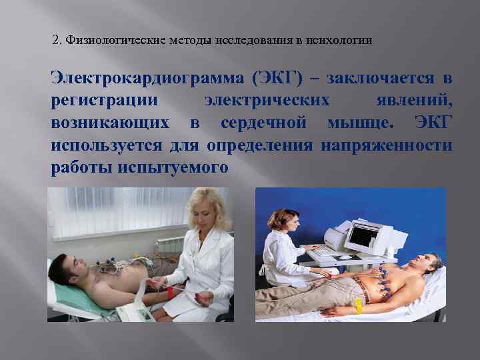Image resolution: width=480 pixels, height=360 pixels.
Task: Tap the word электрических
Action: pyautogui.click(x=267, y=101)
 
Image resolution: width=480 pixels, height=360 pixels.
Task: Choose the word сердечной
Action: pyautogui.click(x=263, y=123)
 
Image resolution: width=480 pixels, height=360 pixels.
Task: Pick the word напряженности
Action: pyautogui.click(x=387, y=145)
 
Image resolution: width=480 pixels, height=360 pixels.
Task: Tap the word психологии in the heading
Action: pyautogui.click(x=339, y=41)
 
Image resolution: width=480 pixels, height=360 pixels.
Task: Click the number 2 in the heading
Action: pyautogui.click(x=55, y=41)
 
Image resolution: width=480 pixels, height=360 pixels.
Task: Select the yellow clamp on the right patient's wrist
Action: pyautogui.click(x=358, y=306)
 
